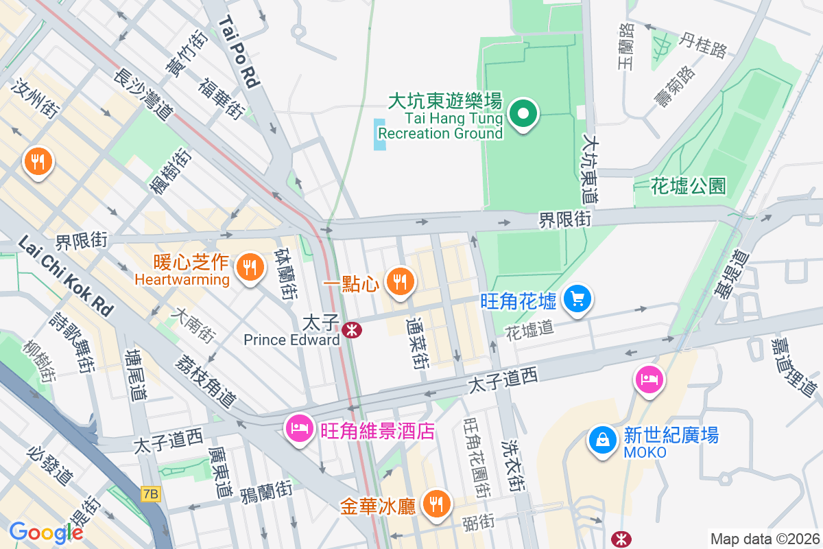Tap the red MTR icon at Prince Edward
pyautogui.click(x=353, y=330)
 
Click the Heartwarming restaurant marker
pyautogui.click(x=248, y=266)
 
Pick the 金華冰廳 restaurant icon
pyautogui.click(x=434, y=504)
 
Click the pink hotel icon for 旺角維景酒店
pyautogui.click(x=298, y=430)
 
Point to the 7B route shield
pyautogui.click(x=151, y=493)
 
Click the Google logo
pyautogui.click(x=46, y=532)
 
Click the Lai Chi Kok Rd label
pyautogui.click(x=66, y=276)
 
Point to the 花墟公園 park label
pyautogui.click(x=688, y=186)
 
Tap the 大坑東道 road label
pyautogui.click(x=590, y=169)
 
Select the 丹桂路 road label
pyautogui.click(x=702, y=46)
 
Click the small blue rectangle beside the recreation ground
pyautogui.click(x=379, y=134)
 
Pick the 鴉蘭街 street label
pyautogui.click(x=266, y=493)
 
